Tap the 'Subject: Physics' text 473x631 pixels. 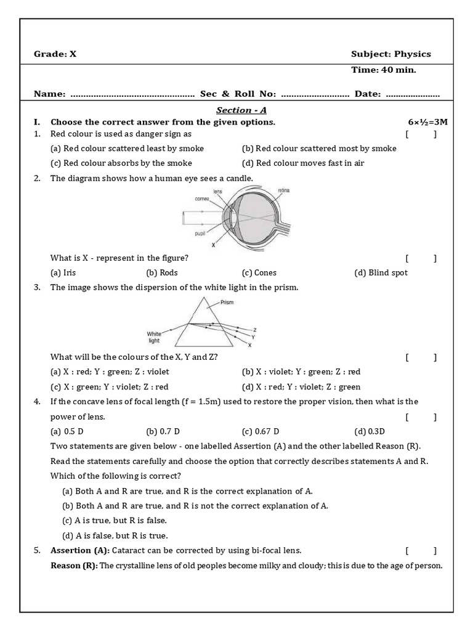[x=391, y=54]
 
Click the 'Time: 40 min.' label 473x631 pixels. [x=383, y=70]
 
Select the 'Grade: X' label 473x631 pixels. [x=55, y=54]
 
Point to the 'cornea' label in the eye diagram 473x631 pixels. [x=203, y=199]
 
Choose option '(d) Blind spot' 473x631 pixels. [x=381, y=272]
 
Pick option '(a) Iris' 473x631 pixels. [x=63, y=272]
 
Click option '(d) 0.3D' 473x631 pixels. [x=370, y=431]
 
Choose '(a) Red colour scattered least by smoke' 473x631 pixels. [x=127, y=149]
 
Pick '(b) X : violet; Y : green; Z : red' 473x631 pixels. [x=301, y=372]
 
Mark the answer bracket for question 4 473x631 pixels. [x=421, y=417]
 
